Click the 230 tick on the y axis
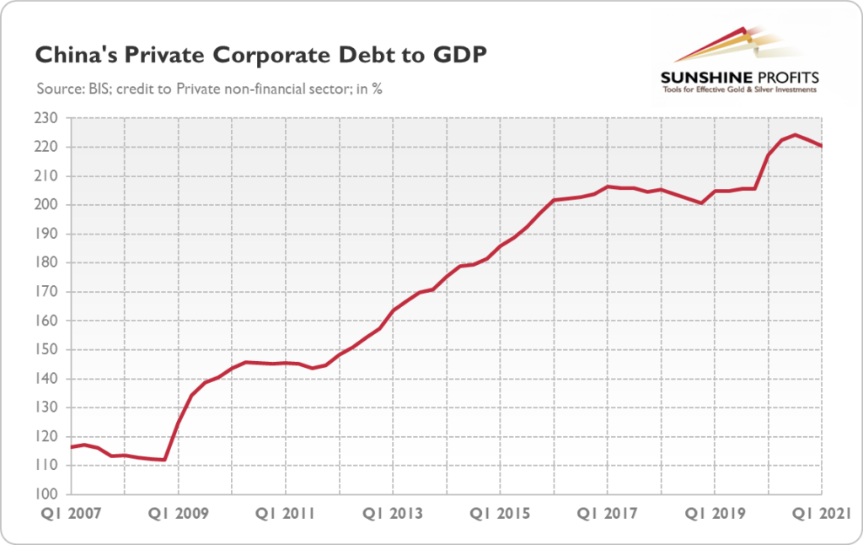point(50,118)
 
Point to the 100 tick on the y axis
point(50,494)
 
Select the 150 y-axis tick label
point(50,350)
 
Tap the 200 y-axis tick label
point(50,205)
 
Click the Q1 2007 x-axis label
point(68,515)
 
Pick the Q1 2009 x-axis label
point(179,515)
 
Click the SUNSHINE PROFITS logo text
point(739,78)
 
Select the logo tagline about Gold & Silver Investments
point(739,90)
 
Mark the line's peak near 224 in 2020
point(796,135)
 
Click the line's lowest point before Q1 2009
point(164,460)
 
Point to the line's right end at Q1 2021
point(822,146)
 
